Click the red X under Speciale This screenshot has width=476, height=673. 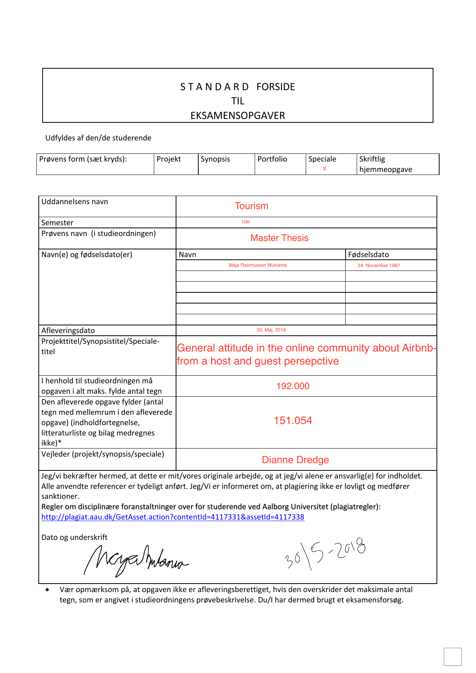(324, 168)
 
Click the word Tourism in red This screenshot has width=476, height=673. (251, 206)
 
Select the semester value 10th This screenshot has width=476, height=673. (245, 222)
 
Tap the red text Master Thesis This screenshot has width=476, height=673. (279, 238)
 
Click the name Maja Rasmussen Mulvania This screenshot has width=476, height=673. (257, 265)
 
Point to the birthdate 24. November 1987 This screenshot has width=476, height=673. (379, 266)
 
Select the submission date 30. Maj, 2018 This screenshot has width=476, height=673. (271, 330)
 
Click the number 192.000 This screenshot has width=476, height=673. (293, 386)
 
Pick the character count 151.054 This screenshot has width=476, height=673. (293, 421)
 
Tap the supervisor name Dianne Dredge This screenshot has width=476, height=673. (295, 460)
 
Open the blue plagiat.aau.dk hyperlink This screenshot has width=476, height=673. (173, 517)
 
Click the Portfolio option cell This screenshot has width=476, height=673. (280, 164)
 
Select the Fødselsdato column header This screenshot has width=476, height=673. (368, 254)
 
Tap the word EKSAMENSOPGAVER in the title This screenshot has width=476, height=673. (238, 115)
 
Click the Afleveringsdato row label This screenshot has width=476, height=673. (68, 330)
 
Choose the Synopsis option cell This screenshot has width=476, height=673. (226, 164)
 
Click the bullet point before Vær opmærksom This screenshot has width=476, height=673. (47, 590)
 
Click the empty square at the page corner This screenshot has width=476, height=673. (452, 657)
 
